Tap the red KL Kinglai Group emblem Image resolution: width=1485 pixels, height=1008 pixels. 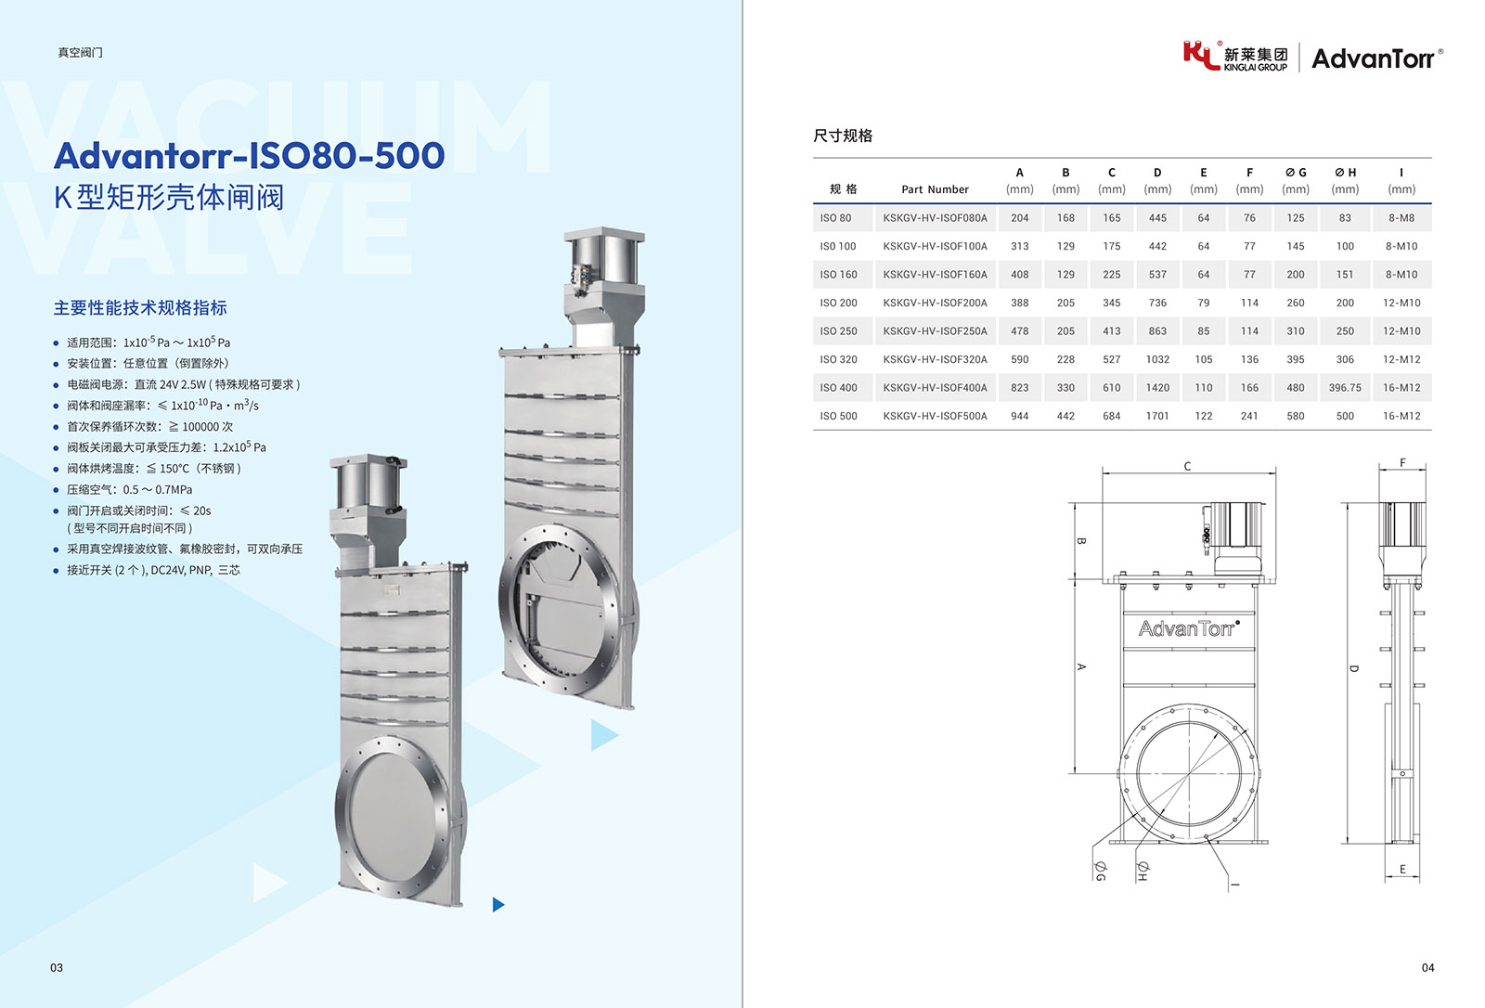click(1201, 55)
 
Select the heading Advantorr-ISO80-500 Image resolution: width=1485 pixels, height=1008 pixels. click(250, 155)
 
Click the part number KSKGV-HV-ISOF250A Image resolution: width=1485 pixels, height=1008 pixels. click(935, 331)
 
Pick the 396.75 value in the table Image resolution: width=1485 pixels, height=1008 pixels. click(1345, 387)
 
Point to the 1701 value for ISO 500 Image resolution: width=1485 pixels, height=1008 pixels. click(1157, 416)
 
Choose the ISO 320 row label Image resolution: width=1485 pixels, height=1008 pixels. click(839, 359)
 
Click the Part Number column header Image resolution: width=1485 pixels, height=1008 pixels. click(935, 189)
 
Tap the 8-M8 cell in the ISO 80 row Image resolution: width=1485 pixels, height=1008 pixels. click(1401, 217)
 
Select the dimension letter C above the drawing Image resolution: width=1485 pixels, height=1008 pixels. click(1187, 466)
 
